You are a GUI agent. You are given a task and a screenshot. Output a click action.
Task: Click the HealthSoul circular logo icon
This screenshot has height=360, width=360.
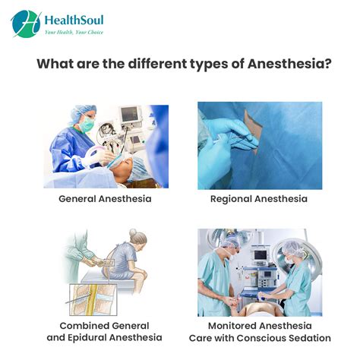click(27, 24)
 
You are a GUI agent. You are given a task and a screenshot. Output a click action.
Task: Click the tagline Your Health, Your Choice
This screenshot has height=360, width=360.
click(74, 33)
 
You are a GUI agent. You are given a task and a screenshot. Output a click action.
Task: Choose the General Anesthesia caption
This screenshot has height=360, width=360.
click(106, 199)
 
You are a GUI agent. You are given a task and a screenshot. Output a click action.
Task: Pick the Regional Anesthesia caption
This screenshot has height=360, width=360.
click(259, 199)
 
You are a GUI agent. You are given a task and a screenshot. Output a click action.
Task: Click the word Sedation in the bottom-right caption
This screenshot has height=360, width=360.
click(306, 337)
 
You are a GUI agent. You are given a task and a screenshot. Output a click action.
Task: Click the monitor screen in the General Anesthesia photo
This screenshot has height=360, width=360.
click(131, 114)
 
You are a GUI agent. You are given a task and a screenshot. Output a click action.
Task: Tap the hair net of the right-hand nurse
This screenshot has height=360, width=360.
click(295, 247)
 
